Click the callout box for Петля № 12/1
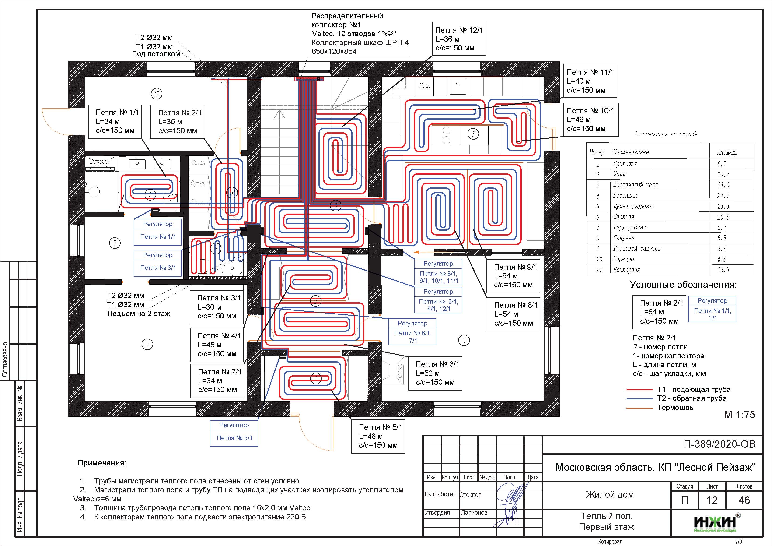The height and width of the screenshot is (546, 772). pos(459,39)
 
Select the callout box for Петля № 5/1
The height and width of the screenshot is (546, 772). pos(378,436)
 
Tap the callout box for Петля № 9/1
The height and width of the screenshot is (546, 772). pos(513,276)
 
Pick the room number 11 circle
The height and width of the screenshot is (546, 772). pos(156,94)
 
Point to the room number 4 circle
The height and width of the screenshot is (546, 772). pos(464,340)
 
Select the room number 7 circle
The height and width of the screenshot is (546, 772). pos(115,243)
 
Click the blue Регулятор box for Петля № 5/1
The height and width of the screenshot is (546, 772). pos(234,433)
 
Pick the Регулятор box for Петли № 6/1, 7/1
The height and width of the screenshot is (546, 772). pos(412,332)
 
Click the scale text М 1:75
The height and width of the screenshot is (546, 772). pos(739,415)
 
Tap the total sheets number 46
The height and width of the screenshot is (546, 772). pos(744,500)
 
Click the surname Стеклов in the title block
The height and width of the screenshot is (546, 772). pos(471,495)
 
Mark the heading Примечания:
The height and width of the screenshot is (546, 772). pos(102,463)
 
